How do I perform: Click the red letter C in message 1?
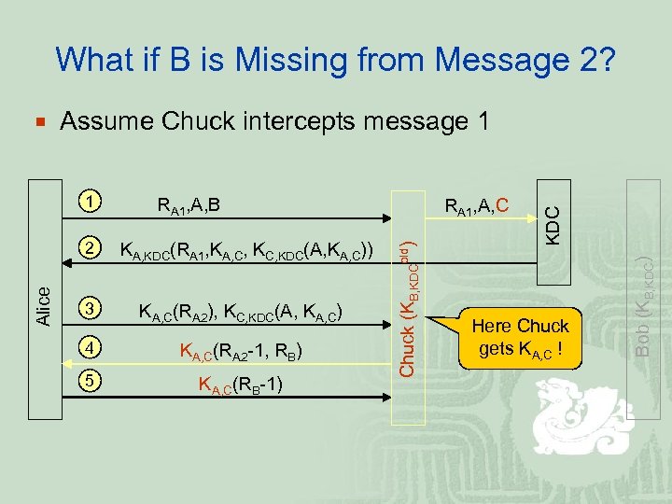(502, 203)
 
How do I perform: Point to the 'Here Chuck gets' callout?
(521, 338)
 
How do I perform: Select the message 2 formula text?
(248, 250)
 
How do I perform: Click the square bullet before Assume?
(38, 122)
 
